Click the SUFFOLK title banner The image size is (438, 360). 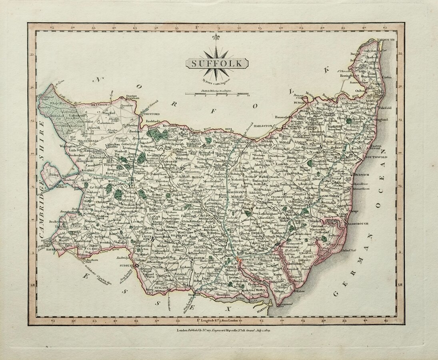click(216, 63)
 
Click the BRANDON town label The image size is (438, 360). click(100, 104)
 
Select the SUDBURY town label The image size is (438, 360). click(128, 265)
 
